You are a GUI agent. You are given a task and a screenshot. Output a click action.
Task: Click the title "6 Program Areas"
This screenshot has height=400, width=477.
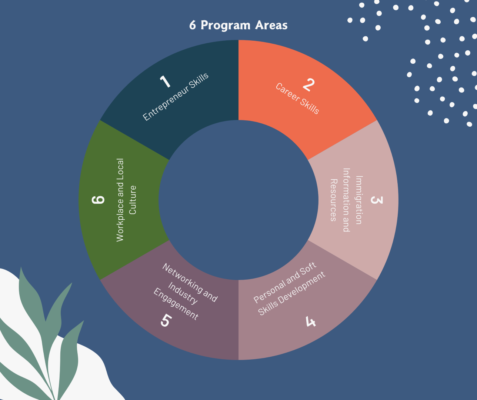click(238, 25)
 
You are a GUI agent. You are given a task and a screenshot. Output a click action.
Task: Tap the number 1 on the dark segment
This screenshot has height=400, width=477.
click(165, 81)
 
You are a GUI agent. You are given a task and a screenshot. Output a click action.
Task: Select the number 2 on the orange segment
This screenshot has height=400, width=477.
click(308, 85)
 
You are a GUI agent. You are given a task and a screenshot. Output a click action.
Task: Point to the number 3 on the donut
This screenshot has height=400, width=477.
click(376, 200)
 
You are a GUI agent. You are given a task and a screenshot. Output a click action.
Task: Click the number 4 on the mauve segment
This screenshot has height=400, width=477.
click(310, 321)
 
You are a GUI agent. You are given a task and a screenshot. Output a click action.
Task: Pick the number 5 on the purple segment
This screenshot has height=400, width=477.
click(165, 320)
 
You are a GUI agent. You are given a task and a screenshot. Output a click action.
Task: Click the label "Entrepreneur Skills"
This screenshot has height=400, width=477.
click(176, 97)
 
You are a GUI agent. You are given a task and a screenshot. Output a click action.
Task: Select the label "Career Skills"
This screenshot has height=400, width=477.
click(297, 99)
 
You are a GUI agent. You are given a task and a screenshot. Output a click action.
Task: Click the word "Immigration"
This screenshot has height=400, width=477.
click(358, 200)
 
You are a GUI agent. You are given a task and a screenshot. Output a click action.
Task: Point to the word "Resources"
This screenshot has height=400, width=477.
click(333, 200)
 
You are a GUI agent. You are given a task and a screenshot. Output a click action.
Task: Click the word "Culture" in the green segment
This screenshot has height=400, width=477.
click(133, 200)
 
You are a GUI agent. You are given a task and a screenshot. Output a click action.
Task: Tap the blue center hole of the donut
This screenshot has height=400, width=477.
click(238, 200)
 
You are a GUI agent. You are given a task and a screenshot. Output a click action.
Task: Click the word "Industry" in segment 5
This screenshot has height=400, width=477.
click(183, 293)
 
